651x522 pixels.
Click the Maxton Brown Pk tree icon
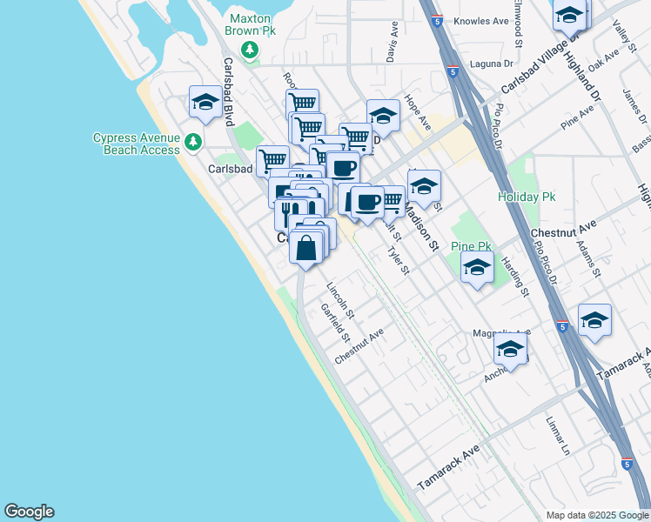[x=251, y=49]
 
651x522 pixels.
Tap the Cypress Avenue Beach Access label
[x=137, y=144]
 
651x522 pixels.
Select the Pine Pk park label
[x=472, y=247]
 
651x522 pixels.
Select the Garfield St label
[x=334, y=323]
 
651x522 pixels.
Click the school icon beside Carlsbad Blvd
[x=205, y=102]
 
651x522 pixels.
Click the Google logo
[x=29, y=512]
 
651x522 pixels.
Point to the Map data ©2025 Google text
[x=596, y=515]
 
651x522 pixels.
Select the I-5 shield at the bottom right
[x=627, y=463]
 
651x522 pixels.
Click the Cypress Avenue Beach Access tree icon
[x=193, y=140]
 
